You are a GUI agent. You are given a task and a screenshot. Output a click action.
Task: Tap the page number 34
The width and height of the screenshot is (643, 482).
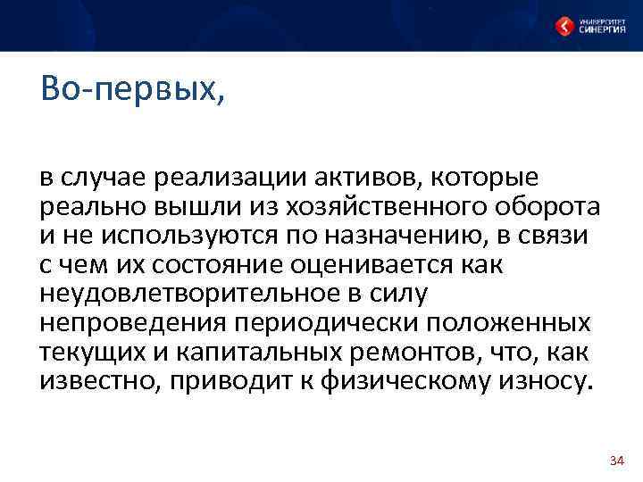(615, 461)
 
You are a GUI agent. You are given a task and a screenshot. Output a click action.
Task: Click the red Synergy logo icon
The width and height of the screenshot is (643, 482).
(564, 27)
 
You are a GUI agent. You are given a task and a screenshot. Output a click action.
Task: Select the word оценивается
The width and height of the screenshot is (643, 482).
(366, 265)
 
